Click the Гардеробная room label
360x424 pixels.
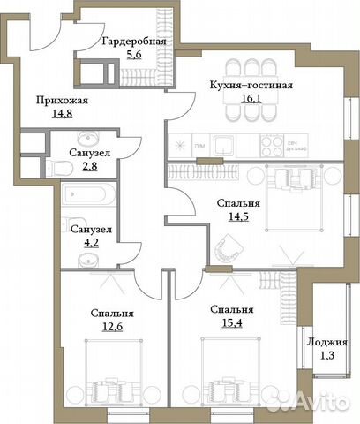133,40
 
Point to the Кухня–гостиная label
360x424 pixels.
251,86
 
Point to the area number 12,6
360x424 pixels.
111,327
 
